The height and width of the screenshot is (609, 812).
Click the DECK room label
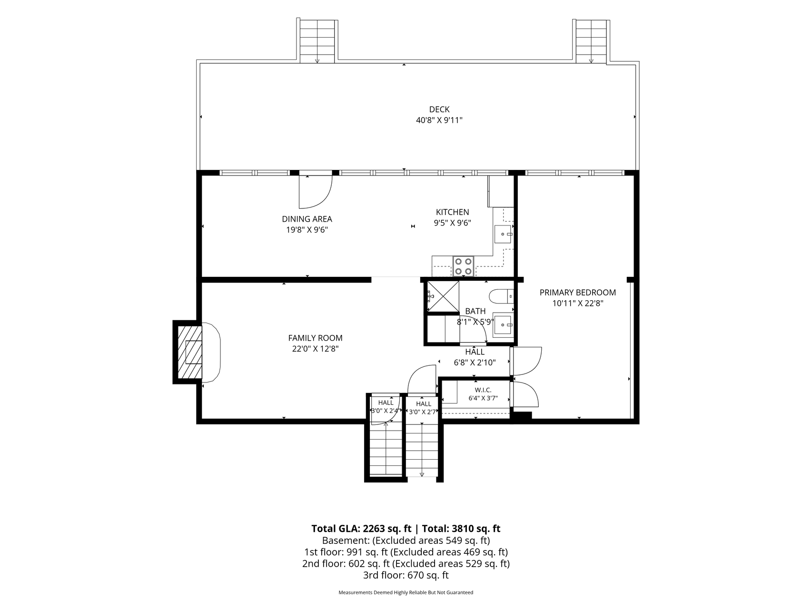click(439, 109)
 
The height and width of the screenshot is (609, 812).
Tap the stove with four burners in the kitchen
click(463, 266)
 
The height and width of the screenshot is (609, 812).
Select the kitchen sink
click(504, 234)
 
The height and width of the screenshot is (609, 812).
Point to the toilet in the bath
click(501, 296)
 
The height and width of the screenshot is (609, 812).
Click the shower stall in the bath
click(443, 297)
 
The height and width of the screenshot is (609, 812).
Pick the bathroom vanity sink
click(503, 326)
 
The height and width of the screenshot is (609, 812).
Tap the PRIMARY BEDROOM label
click(577, 293)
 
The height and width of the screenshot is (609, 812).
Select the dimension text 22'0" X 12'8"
click(316, 349)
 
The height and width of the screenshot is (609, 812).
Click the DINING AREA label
click(307, 219)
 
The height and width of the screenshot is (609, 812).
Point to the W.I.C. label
click(483, 390)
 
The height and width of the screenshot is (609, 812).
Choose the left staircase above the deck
click(317, 41)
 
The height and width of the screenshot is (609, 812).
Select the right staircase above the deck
click(591, 41)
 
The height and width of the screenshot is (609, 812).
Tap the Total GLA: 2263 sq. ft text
click(361, 529)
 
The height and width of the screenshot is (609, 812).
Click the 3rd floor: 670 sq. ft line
click(406, 575)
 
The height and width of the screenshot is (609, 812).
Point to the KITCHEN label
click(453, 212)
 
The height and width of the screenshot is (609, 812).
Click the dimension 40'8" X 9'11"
click(439, 120)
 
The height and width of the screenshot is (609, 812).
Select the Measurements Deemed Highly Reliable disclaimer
click(406, 593)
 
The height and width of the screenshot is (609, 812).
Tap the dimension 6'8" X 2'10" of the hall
click(475, 363)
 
